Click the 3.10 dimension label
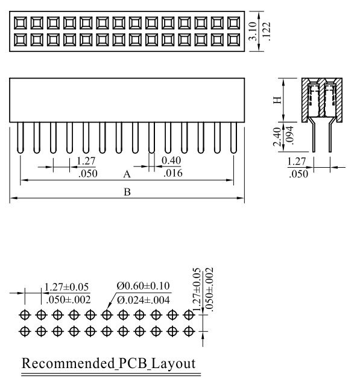pos(253,31)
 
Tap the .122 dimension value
pos(267,31)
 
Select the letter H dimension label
pos(277,100)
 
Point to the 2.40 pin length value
pos(277,136)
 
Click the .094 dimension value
pos(289,135)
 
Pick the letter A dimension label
pos(127,174)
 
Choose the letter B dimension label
pos(127,192)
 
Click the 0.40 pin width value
pos(171,161)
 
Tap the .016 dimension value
pos(173,173)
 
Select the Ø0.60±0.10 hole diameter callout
pos(144,286)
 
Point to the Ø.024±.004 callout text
pos(144,300)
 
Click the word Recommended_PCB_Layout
pos(109,363)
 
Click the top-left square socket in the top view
pos(20,23)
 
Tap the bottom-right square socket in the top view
pos(234,40)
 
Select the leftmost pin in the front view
pos(20,138)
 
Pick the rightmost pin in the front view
pos(233,138)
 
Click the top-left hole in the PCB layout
pos(25,315)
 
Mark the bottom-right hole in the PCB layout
pos(189,332)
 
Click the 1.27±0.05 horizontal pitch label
pos(66,287)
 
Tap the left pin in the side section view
pos(314,136)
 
